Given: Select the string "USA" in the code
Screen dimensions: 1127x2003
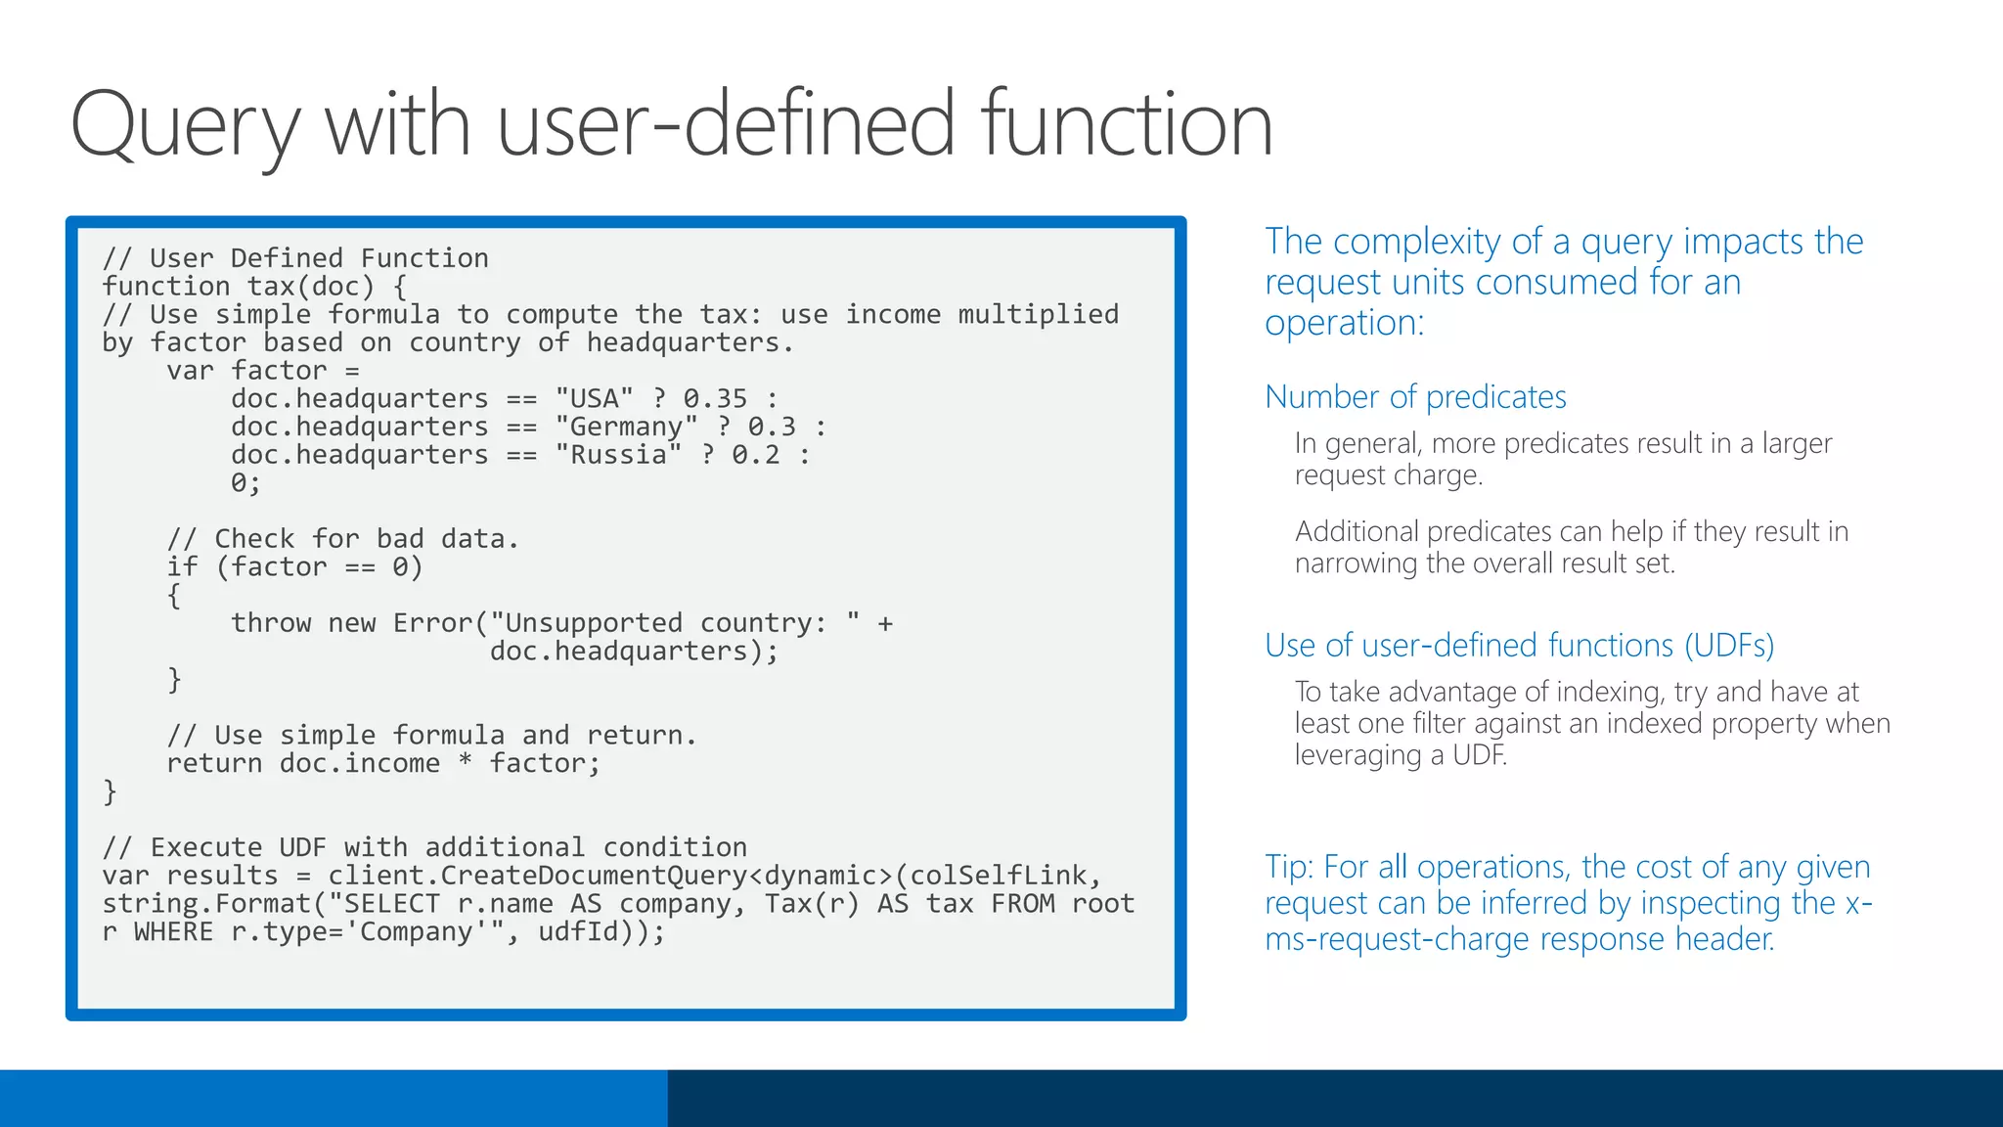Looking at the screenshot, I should [x=594, y=399].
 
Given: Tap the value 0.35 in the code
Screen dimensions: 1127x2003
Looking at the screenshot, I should [x=715, y=399].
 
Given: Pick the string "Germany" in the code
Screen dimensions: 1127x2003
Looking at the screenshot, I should [x=626, y=428].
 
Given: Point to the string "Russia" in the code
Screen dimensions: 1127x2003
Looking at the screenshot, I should [x=618, y=455].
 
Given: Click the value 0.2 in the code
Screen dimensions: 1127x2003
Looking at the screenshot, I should [x=756, y=455].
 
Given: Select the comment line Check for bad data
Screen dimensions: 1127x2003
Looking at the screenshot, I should [x=342, y=539].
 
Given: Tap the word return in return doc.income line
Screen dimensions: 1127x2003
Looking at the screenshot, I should [x=214, y=763].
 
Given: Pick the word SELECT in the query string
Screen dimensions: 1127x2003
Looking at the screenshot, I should [x=391, y=904].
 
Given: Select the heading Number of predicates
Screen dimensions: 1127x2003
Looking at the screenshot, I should [x=1415, y=397].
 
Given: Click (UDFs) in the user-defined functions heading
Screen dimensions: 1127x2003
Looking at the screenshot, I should [x=1728, y=646].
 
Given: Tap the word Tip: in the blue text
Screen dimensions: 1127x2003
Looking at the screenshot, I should [x=1289, y=868].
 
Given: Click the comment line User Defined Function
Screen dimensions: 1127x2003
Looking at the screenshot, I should [x=295, y=258].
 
